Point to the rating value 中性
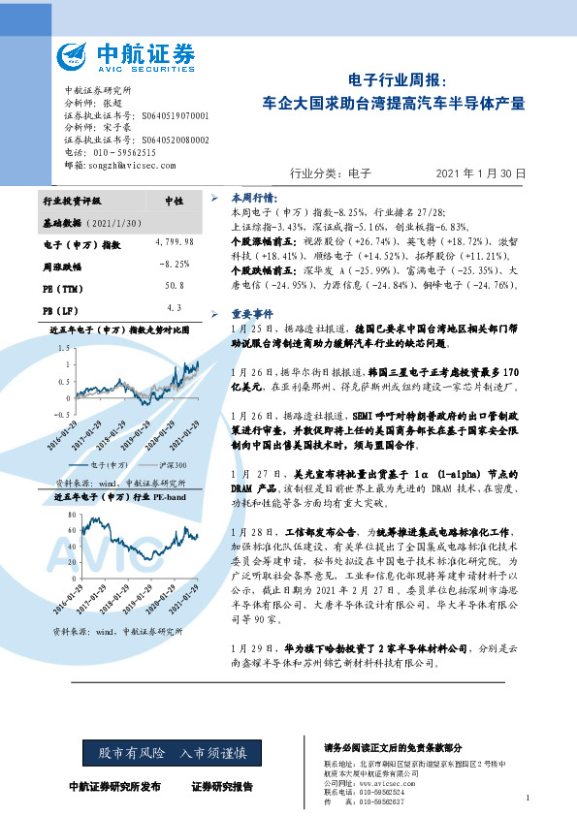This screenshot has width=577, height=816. click(x=175, y=201)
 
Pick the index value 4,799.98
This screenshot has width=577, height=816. click(x=175, y=240)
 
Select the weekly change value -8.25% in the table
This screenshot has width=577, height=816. click(x=175, y=264)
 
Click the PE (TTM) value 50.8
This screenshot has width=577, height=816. click(x=175, y=286)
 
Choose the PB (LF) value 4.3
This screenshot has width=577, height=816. click(x=175, y=307)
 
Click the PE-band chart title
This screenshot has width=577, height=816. click(x=115, y=496)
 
